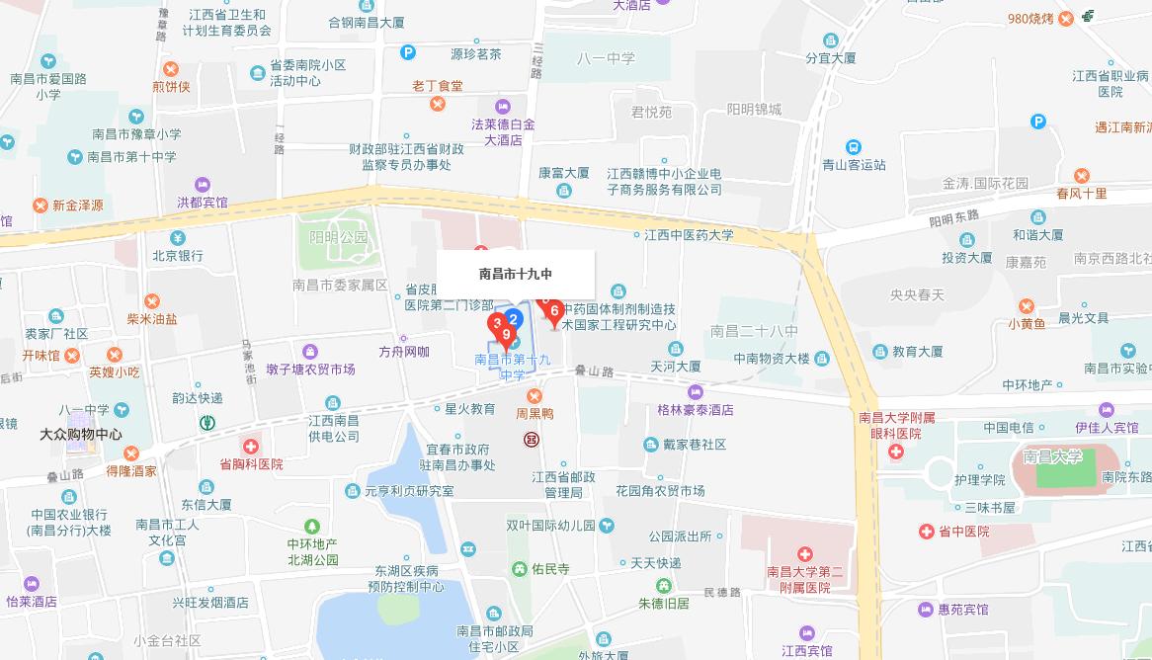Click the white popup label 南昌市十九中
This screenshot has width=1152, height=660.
(516, 274)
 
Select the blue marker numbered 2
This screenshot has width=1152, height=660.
(513, 319)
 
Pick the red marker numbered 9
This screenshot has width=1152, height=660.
(506, 336)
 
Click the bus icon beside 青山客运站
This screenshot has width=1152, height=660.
(854, 147)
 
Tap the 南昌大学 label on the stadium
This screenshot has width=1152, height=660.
(1053, 456)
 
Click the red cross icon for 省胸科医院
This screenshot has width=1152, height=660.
(252, 447)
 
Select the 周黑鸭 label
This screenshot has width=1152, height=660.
(535, 414)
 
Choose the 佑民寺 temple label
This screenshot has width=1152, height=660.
(550, 569)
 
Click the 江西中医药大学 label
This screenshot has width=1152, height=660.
(689, 235)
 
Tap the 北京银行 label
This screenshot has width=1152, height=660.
(177, 255)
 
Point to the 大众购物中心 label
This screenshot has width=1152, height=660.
(81, 434)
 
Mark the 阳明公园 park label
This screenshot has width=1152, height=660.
(338, 237)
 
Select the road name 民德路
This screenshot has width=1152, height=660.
(721, 592)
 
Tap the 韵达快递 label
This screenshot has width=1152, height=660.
(198, 398)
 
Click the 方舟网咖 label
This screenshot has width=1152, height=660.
(404, 352)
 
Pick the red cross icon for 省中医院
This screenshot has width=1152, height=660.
(927, 532)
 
